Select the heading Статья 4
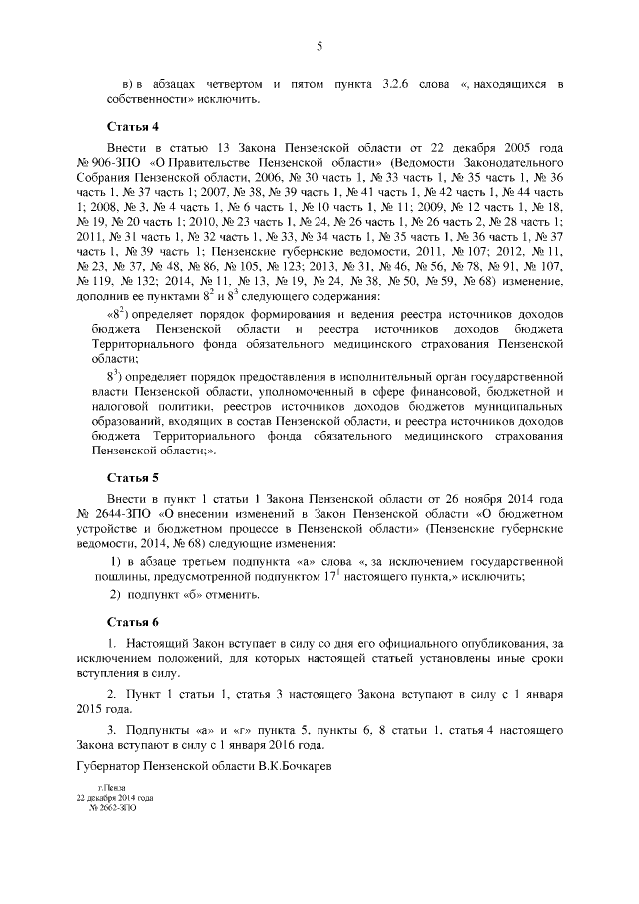(x=133, y=127)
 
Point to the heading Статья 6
(x=133, y=622)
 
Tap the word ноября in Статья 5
(x=481, y=497)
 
